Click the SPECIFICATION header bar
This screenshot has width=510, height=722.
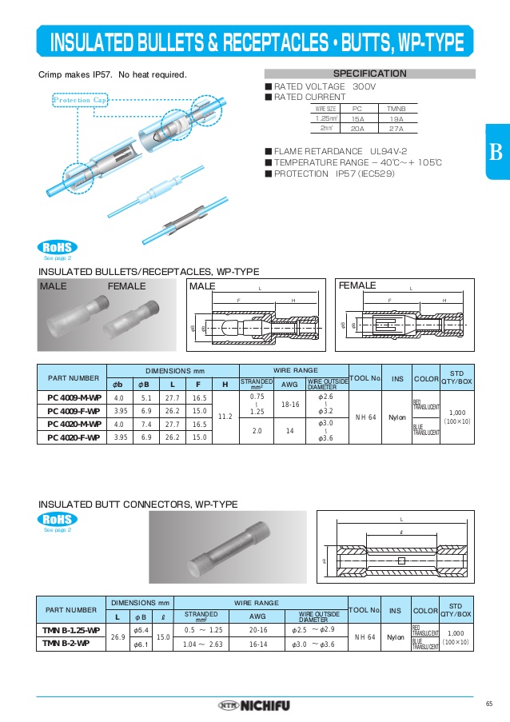pos(369,74)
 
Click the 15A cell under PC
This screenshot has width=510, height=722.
pos(357,118)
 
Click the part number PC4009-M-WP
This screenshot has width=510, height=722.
pos(73,397)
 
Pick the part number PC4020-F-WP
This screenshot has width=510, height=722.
pos(73,437)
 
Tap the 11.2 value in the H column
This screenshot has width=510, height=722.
pos(225,417)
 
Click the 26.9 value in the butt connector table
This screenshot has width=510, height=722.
pos(117,637)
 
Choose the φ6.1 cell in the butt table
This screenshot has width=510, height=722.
pos(139,644)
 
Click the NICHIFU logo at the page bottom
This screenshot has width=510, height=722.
pos(255,705)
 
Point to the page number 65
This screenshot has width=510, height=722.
pos(488,704)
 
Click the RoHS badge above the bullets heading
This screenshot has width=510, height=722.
pos(57,247)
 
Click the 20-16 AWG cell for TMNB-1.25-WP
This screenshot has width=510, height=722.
pos(257,630)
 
